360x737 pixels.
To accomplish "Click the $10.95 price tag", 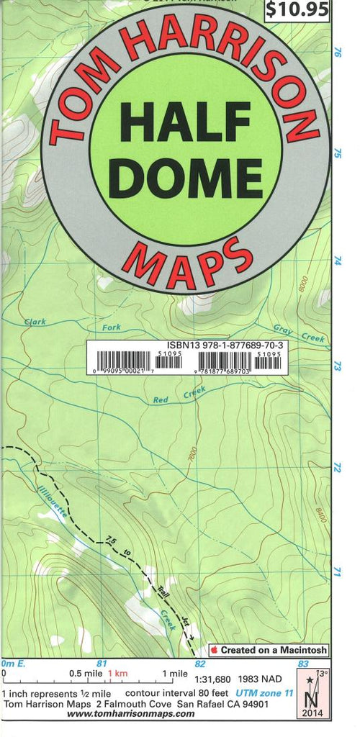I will [x=297, y=9].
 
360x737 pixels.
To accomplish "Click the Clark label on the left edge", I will [x=35, y=322].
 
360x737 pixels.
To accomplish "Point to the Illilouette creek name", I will [x=50, y=504].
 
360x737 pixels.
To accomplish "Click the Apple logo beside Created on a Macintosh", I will [x=214, y=649].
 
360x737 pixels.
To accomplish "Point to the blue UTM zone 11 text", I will [x=270, y=691].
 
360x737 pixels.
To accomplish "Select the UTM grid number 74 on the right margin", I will [x=336, y=261].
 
